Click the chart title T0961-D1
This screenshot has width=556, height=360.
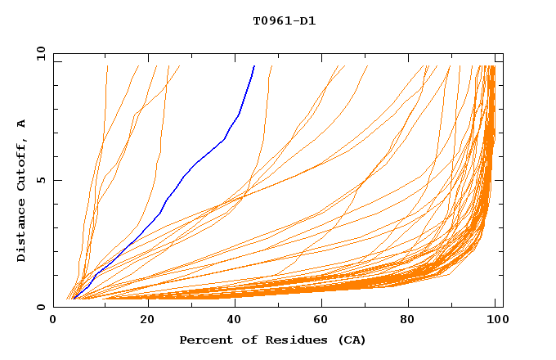point(285,21)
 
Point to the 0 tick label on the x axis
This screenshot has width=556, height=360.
point(53,320)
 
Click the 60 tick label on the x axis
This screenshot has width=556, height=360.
point(323,320)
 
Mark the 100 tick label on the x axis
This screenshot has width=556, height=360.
point(496,320)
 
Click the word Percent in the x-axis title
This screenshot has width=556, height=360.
point(203,340)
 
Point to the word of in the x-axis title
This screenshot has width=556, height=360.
point(241,340)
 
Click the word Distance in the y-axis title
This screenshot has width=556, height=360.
point(22,232)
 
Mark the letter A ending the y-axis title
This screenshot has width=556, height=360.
point(22,124)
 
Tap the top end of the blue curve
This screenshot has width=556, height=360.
point(254,66)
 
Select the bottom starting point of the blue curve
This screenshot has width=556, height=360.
point(74,299)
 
